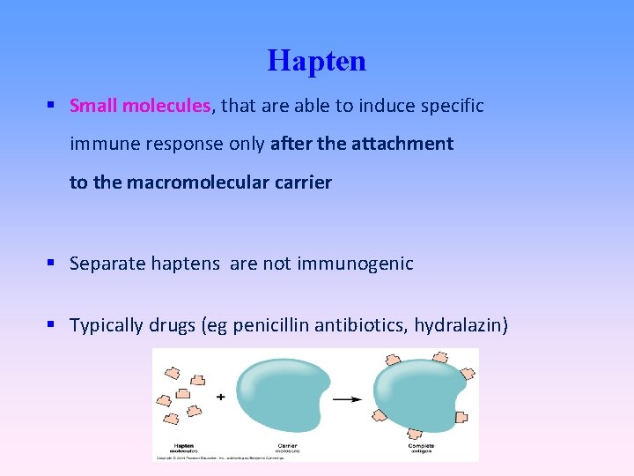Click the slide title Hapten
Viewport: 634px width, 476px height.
pyautogui.click(x=316, y=61)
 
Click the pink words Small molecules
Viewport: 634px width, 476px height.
pyautogui.click(x=140, y=106)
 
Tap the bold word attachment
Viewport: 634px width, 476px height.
pyautogui.click(x=405, y=144)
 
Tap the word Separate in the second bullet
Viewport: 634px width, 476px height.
pyautogui.click(x=102, y=263)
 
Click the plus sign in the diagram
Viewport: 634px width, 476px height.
pyautogui.click(x=220, y=397)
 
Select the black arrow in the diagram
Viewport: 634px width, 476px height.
pyautogui.click(x=347, y=398)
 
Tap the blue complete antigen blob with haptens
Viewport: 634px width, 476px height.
pyautogui.click(x=419, y=396)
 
